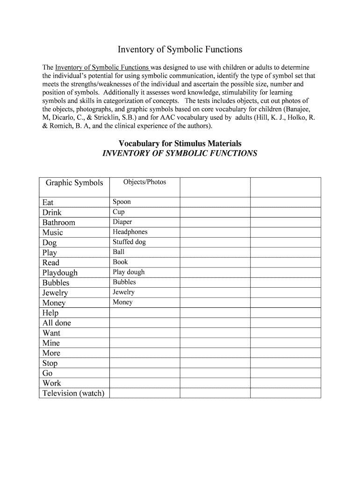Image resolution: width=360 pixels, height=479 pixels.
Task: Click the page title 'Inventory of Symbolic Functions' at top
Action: coord(180,49)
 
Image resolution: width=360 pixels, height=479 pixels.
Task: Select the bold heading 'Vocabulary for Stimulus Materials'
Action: coord(180,144)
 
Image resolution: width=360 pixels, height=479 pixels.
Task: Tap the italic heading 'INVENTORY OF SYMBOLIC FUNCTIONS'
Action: coord(180,153)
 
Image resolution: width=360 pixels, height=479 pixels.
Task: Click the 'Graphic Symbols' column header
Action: coord(74,182)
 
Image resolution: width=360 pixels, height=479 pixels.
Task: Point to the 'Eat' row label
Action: coord(48,202)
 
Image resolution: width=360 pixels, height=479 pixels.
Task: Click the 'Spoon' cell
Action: coord(122,202)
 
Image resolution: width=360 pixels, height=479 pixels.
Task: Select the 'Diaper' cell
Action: coord(122,222)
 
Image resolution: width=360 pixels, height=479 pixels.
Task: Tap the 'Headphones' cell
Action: coord(130,232)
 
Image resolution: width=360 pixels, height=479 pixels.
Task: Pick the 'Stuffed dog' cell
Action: coord(129,242)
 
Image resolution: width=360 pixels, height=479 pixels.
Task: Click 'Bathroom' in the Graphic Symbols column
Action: coord(58,222)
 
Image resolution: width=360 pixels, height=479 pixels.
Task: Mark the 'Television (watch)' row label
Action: coord(73,393)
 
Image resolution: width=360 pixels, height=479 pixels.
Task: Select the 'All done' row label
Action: coord(57,323)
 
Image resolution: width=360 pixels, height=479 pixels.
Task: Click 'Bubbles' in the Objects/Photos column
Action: coord(124,282)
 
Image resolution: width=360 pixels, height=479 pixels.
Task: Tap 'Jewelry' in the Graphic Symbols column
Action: coord(55,293)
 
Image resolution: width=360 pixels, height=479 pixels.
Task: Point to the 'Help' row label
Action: coord(50,313)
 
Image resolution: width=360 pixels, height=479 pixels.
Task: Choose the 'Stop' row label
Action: coord(50,363)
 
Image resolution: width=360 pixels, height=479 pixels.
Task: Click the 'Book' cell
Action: coord(120,262)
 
